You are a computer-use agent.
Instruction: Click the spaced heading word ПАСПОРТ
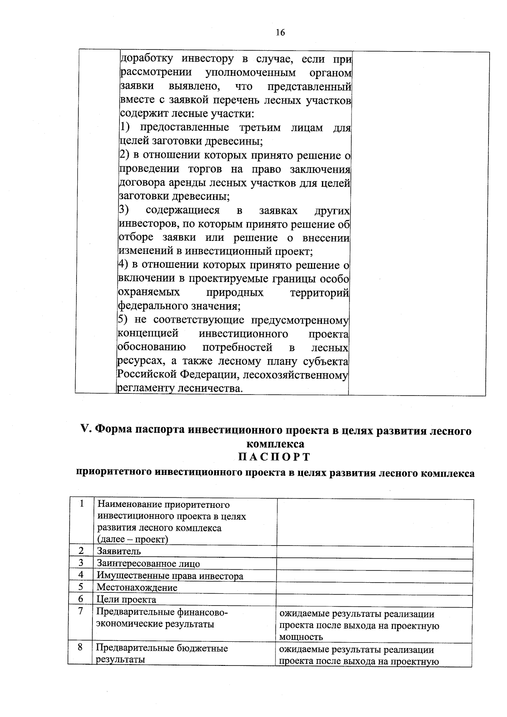click(274, 458)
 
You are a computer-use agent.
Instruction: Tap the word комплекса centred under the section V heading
click(275, 444)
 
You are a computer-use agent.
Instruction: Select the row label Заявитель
click(119, 551)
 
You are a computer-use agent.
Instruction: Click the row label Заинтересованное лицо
click(148, 564)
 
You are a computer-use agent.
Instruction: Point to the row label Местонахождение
click(137, 587)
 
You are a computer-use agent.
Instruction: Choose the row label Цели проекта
click(126, 600)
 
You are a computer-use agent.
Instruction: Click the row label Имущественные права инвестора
click(170, 576)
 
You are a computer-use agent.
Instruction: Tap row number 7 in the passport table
click(80, 611)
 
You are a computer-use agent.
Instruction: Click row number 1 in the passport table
click(82, 504)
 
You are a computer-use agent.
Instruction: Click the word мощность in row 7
click(301, 637)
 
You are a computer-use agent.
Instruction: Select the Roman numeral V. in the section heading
click(86, 430)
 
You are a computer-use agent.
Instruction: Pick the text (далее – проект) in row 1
click(132, 540)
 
